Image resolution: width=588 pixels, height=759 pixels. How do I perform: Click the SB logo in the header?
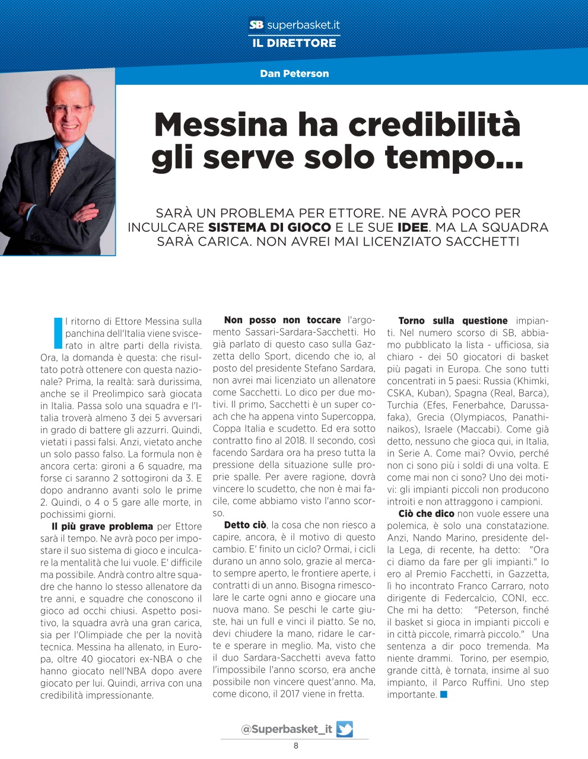tap(256, 25)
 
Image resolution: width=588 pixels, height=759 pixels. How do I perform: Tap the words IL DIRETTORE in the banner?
tap(294, 43)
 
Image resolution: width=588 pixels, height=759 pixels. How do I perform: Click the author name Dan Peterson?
tap(294, 74)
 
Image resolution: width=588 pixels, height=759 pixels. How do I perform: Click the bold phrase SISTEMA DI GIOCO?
tap(269, 227)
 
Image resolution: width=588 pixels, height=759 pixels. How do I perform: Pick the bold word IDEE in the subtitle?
tap(412, 227)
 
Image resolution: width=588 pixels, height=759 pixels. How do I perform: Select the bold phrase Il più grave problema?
tap(102, 526)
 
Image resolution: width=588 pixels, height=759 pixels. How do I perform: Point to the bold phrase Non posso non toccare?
tap(282, 320)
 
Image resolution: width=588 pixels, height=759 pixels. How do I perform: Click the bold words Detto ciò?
tap(245, 525)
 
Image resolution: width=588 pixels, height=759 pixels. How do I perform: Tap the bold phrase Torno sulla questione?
tap(453, 321)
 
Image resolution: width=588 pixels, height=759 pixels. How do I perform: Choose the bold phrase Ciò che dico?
tap(426, 514)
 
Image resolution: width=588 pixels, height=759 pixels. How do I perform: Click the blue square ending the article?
tap(444, 694)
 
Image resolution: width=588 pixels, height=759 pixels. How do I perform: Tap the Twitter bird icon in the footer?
tap(344, 729)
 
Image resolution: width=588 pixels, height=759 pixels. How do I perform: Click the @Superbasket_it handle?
tap(287, 729)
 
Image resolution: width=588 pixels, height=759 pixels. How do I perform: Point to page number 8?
tap(296, 746)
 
